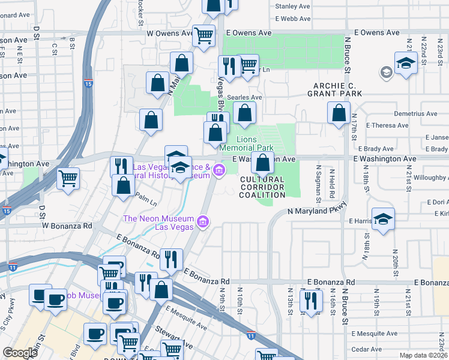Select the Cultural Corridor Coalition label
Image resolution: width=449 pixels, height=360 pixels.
coord(262,187)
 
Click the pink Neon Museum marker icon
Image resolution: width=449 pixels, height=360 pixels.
coord(203,223)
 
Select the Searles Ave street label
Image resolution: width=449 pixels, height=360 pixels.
coord(247,97)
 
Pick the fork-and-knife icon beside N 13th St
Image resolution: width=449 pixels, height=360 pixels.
coord(310,300)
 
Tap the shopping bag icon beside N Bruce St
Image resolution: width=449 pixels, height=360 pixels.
coord(339,113)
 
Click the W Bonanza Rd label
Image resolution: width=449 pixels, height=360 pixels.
coord(66,226)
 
